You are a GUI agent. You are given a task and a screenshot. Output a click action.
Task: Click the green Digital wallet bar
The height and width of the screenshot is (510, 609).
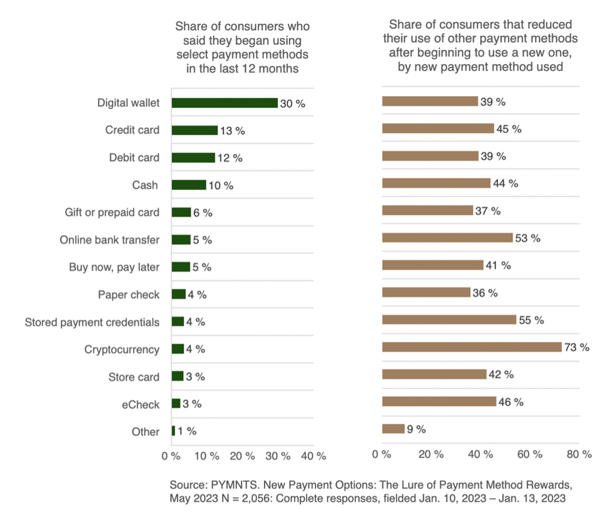[x=224, y=103]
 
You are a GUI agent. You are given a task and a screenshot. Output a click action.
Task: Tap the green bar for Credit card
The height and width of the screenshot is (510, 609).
[x=194, y=130]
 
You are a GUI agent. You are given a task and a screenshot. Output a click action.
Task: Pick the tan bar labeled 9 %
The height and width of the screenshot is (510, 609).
[x=393, y=429]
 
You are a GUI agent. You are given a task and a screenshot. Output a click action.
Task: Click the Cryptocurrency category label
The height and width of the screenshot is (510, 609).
[x=122, y=350]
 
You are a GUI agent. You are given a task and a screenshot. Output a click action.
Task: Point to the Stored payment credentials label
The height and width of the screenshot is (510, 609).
[x=92, y=322]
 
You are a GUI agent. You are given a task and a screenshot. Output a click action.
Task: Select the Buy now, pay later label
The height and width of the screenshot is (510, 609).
[x=114, y=267]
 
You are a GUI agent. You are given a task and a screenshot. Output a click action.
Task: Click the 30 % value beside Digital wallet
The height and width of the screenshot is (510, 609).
[x=292, y=103]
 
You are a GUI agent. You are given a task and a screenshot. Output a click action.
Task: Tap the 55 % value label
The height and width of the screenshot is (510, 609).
[x=531, y=320]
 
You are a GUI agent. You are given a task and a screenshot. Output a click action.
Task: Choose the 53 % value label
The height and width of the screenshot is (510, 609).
[x=528, y=238]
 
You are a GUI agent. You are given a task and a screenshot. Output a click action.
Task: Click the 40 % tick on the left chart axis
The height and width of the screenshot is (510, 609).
[x=313, y=456]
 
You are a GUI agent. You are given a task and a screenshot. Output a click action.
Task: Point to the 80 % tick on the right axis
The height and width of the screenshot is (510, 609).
[x=579, y=454]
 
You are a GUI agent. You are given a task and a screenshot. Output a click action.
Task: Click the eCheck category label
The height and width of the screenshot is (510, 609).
[x=141, y=404]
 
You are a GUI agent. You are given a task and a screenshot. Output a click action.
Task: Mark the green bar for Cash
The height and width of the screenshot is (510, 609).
[x=189, y=185]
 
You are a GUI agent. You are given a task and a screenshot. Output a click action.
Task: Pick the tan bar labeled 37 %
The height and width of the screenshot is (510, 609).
[x=427, y=211]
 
